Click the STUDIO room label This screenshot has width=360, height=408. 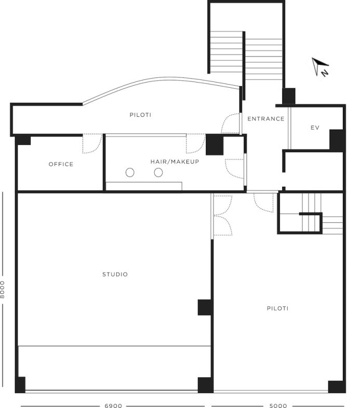(x=115, y=274)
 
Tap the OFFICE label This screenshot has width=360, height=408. (x=61, y=164)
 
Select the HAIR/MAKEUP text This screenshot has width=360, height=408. (x=175, y=161)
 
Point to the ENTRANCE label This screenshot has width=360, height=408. (x=265, y=119)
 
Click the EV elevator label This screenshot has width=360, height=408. (x=315, y=128)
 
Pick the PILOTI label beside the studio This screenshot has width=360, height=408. (x=278, y=308)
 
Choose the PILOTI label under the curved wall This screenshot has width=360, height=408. (x=140, y=115)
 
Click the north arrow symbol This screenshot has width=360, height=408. (x=321, y=67)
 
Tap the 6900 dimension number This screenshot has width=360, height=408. (x=113, y=405)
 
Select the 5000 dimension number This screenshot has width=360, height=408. (x=278, y=405)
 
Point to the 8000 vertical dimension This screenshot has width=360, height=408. (x=3, y=289)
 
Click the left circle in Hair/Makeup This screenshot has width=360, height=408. (x=130, y=172)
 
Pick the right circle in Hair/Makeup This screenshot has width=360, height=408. (x=158, y=172)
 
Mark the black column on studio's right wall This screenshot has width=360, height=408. (x=205, y=307)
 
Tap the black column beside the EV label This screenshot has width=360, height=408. (x=337, y=140)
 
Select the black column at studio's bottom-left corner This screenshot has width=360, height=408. (x=20, y=384)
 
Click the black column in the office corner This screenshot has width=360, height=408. (x=23, y=140)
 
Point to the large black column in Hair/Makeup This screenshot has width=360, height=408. (x=215, y=145)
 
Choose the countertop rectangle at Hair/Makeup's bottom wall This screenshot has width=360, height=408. (x=144, y=186)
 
